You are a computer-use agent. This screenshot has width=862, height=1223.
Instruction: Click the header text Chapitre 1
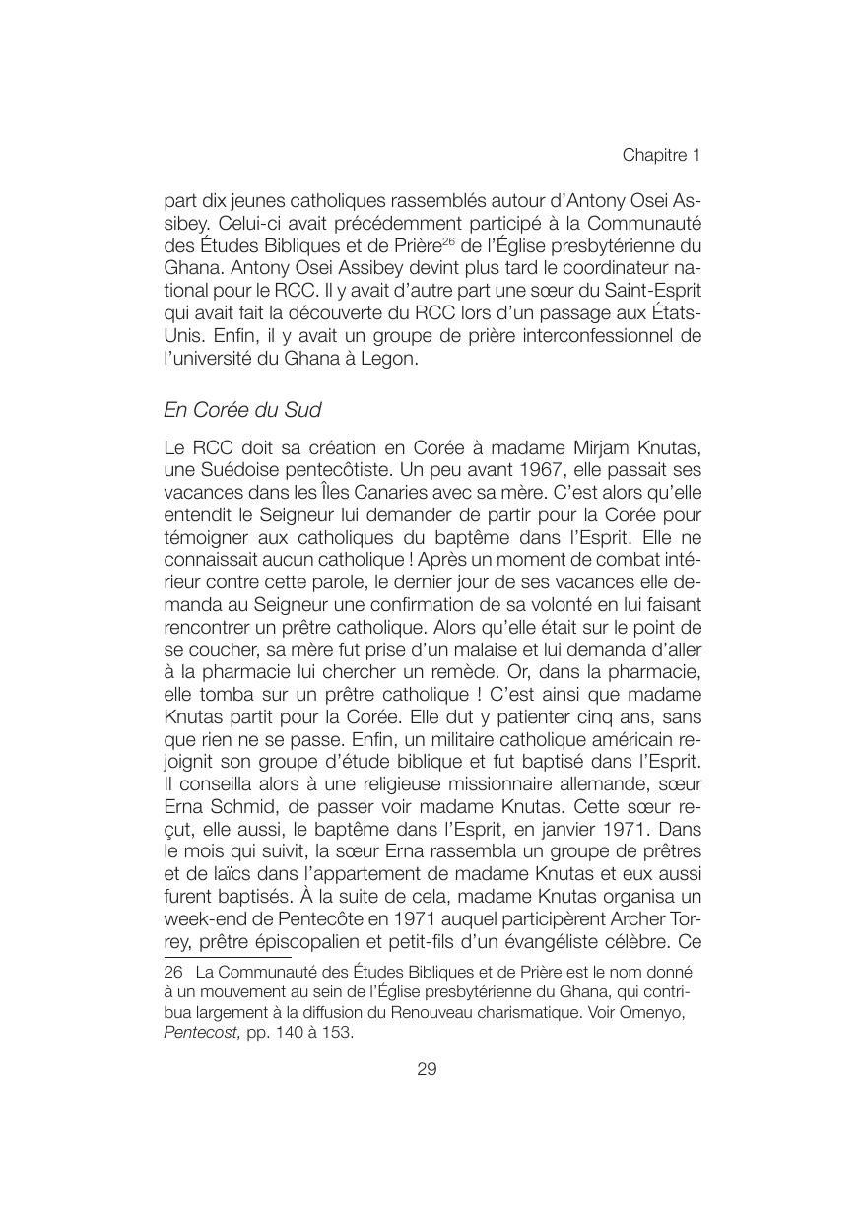click(x=660, y=156)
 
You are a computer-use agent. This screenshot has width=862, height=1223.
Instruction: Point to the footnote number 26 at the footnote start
click(x=173, y=970)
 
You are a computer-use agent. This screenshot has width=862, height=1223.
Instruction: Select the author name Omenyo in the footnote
click(x=664, y=1013)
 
